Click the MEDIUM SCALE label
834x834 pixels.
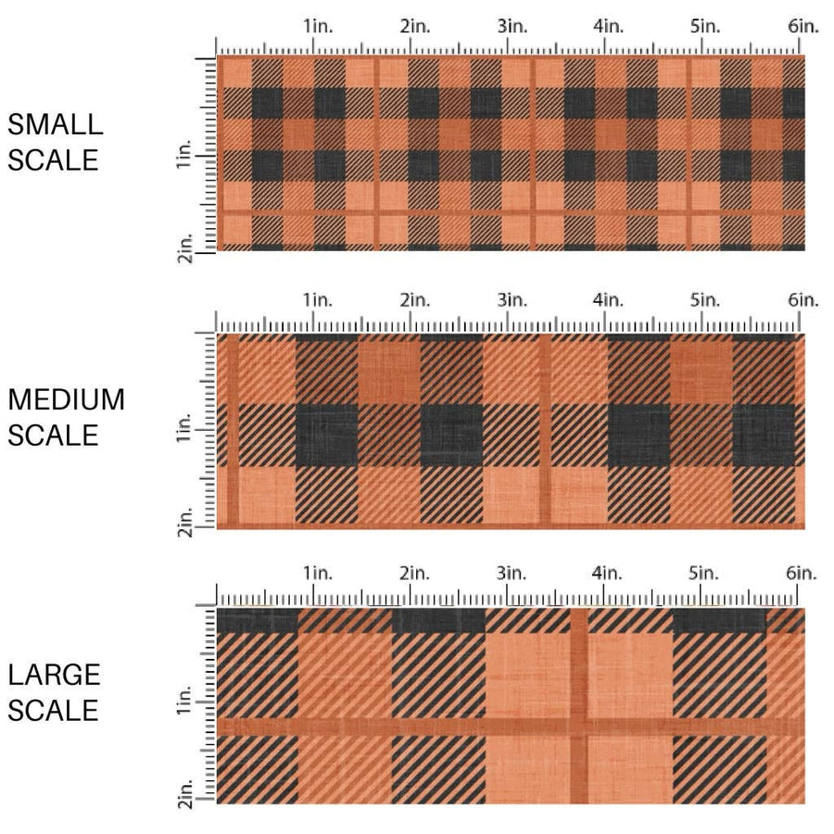(x=65, y=417)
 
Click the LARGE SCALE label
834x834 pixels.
(x=53, y=692)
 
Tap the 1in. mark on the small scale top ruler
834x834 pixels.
(x=317, y=27)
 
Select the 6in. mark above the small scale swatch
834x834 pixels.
(x=803, y=27)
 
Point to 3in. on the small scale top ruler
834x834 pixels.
(x=512, y=27)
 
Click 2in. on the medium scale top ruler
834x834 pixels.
(x=414, y=300)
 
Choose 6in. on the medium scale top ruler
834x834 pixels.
(x=803, y=300)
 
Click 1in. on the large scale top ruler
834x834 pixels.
(x=317, y=574)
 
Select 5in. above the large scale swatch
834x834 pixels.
(x=706, y=574)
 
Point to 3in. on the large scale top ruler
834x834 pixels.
(x=512, y=574)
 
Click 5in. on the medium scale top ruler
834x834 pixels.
(x=706, y=300)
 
